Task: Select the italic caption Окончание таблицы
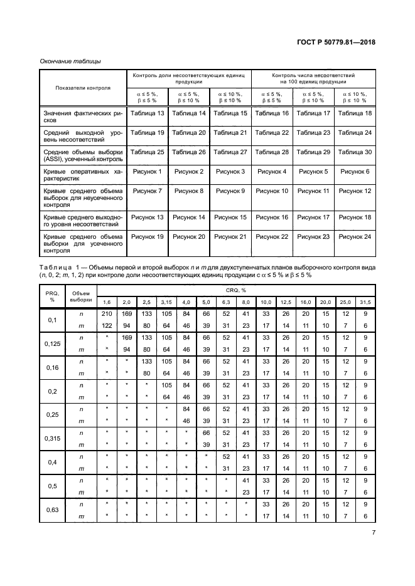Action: tap(70, 61)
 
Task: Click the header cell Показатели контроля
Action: tap(83, 88)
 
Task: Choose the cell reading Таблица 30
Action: tap(355, 152)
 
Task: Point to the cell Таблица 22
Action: tap(272, 132)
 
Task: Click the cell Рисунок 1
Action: tap(147, 171)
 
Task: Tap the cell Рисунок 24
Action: tap(355, 236)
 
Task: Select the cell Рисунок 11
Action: tap(313, 191)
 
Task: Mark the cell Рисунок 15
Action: tap(230, 217)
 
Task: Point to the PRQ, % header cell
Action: tap(51, 296)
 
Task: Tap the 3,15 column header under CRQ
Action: tap(167, 302)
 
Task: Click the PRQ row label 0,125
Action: tap(51, 344)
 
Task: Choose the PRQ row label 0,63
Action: tap(51, 510)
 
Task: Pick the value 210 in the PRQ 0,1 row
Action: tap(106, 313)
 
